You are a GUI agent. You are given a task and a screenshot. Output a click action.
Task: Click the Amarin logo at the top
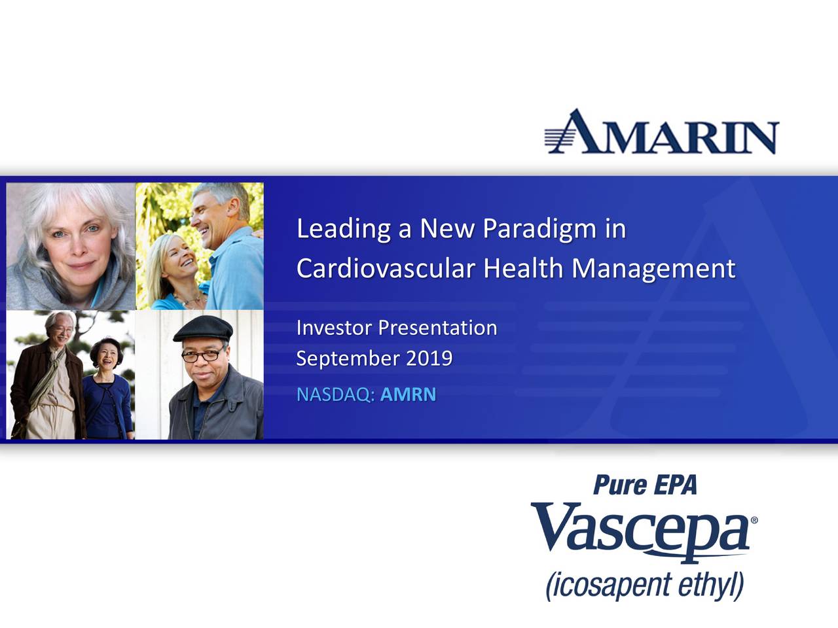point(662,131)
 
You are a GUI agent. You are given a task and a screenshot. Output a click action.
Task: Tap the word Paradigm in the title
point(539,230)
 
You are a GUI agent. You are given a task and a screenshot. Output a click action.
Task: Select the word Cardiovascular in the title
point(386,268)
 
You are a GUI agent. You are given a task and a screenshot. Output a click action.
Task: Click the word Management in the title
point(653,270)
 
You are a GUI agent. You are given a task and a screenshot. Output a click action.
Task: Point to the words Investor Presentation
point(397,328)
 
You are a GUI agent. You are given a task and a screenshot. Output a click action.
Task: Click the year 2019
point(429,358)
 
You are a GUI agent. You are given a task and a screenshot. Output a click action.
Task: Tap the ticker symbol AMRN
point(408,394)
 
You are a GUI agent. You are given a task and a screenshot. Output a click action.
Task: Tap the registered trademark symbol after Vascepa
point(754,520)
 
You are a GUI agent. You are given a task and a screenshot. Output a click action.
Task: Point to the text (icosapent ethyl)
point(645,585)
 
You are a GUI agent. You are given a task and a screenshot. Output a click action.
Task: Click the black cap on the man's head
point(203,328)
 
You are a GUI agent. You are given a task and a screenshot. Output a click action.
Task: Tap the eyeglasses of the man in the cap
point(202,355)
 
